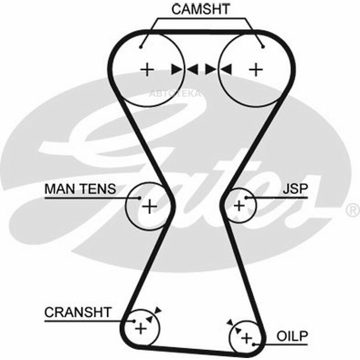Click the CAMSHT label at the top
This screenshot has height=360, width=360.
200,9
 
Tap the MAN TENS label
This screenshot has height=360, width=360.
80,189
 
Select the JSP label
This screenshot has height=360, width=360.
295,189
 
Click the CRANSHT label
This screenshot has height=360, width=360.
78,312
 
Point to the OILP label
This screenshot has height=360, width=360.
292,336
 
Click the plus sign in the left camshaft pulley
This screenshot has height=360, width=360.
147,69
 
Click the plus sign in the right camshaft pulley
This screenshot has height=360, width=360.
256,69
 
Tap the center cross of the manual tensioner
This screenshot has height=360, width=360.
150,206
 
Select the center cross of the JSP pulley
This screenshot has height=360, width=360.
239,206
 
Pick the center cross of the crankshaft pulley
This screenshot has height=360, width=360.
141,328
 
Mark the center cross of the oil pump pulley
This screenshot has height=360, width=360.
247,338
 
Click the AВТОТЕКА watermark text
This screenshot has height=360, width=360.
175,94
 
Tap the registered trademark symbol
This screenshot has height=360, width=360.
354,210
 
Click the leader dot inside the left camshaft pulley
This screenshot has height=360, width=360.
141,47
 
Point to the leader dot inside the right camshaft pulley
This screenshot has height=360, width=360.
263,47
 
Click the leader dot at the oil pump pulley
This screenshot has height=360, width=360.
254,344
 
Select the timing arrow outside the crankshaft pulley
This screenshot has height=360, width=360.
158,310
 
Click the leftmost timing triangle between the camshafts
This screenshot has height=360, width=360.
177,69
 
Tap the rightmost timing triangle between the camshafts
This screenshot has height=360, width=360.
226,69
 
